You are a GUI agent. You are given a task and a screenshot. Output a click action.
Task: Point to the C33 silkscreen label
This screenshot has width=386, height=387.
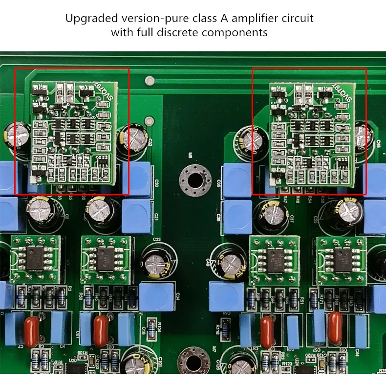click(x=157, y=239)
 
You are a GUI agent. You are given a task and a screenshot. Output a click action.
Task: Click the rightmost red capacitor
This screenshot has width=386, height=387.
click(x=336, y=323)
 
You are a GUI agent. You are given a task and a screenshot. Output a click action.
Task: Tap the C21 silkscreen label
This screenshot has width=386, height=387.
click(x=156, y=216)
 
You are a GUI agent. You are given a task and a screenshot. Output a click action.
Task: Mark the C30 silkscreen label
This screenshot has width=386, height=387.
click(x=156, y=183)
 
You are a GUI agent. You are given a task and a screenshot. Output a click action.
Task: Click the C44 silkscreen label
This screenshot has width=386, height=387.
click(x=357, y=351)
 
